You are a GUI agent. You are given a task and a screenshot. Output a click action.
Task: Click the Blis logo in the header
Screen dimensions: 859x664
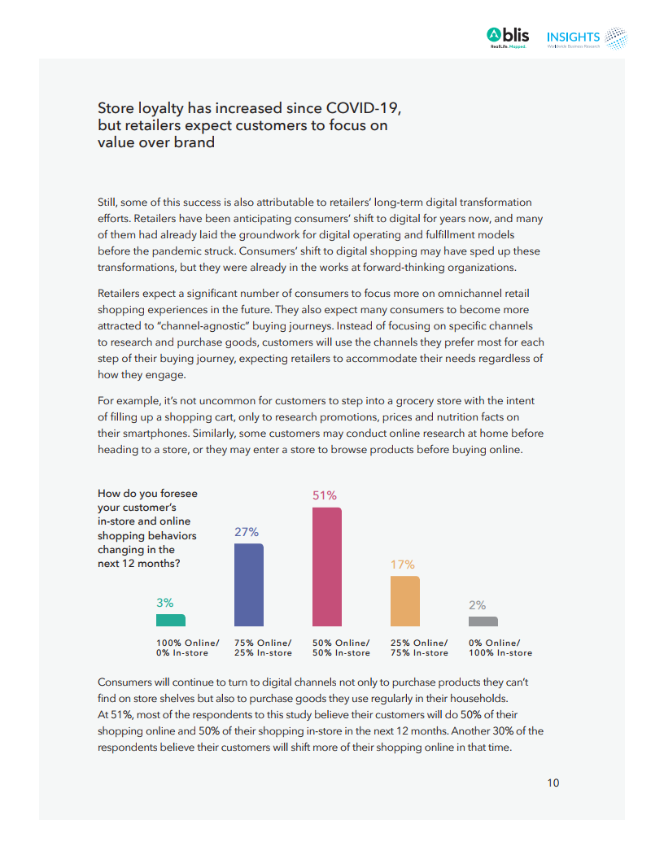click(x=508, y=37)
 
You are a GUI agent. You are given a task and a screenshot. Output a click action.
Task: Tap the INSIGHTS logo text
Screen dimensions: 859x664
click(x=573, y=37)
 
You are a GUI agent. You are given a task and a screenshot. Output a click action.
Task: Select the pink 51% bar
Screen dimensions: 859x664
click(x=327, y=567)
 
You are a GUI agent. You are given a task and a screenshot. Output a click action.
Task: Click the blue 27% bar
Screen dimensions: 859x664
click(x=249, y=585)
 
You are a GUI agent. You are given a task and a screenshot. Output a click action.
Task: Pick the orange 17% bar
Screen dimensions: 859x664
click(x=405, y=601)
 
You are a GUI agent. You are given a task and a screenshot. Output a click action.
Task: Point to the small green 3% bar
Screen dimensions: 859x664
click(x=171, y=620)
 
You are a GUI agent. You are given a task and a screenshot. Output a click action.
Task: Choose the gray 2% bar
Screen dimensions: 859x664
click(x=483, y=621)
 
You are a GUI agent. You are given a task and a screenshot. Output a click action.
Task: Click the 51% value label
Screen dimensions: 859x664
click(x=325, y=495)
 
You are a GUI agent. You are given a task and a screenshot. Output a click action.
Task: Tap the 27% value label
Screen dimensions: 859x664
click(x=247, y=532)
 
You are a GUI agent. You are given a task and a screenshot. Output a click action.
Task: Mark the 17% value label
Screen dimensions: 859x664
click(x=403, y=565)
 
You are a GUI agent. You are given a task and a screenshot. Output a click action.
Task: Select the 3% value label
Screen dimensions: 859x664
click(x=165, y=603)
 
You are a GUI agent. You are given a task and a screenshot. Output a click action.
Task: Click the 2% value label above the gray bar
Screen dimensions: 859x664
click(x=478, y=605)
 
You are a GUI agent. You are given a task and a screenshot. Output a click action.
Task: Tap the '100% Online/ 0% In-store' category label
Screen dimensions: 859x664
click(x=187, y=648)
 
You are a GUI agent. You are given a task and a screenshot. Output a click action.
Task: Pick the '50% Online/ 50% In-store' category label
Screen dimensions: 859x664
click(x=341, y=648)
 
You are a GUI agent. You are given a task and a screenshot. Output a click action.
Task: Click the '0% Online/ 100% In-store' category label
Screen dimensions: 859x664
click(x=500, y=648)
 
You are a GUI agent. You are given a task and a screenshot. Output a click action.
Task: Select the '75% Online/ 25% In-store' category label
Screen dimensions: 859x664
click(x=263, y=648)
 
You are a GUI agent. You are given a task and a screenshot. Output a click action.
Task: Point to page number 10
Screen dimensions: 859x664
click(x=553, y=783)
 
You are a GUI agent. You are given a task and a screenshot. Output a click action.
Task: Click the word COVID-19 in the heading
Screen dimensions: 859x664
click(x=363, y=108)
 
